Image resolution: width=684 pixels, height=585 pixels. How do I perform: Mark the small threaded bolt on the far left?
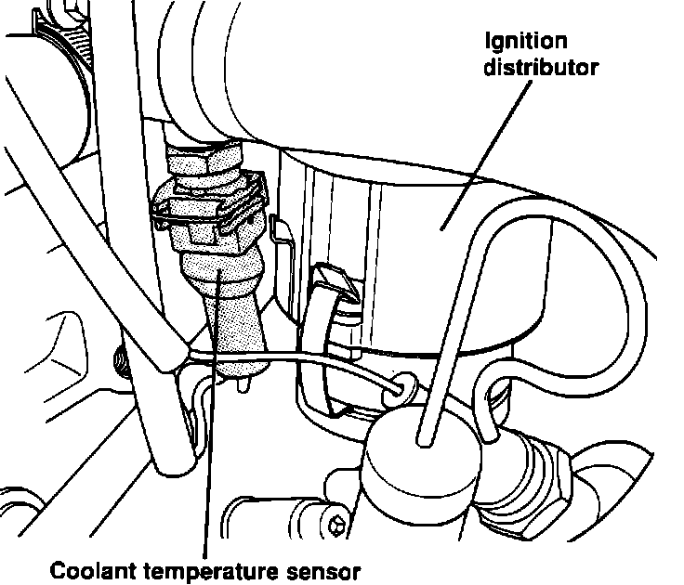click(118, 360)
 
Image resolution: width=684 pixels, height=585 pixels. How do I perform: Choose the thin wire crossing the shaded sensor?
click(279, 358)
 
